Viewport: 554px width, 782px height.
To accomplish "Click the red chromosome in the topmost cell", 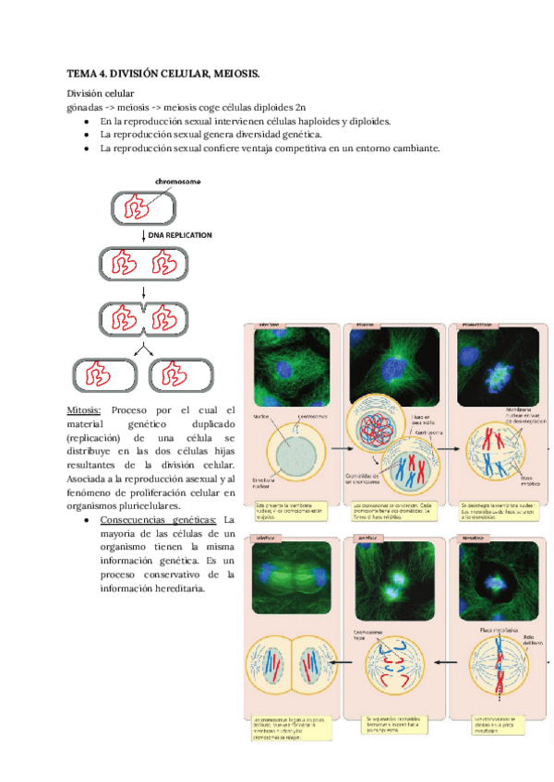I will pos(138,207).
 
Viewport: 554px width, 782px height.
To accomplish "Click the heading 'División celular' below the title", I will pos(100,93).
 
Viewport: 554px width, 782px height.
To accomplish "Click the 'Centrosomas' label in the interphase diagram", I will pos(312,419).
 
